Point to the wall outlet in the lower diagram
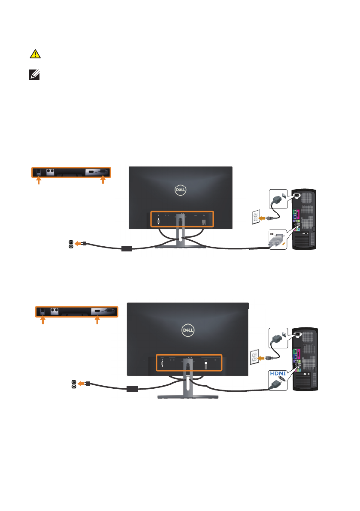[x=254, y=357]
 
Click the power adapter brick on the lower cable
[x=133, y=389]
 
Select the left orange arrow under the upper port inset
[x=39, y=181]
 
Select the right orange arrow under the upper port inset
[x=102, y=181]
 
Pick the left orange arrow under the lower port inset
[x=42, y=320]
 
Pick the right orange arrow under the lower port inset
[x=97, y=320]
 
